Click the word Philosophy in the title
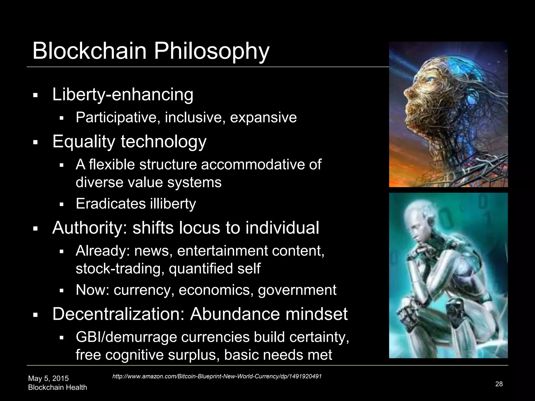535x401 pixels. [211, 51]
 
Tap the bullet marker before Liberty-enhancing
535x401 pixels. [36, 95]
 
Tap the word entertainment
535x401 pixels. [223, 251]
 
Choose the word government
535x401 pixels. [297, 290]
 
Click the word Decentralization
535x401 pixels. [119, 314]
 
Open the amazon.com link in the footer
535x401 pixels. [217, 376]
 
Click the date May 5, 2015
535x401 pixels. [48, 378]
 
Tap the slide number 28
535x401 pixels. [499, 384]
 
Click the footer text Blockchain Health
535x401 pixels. [57, 387]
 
